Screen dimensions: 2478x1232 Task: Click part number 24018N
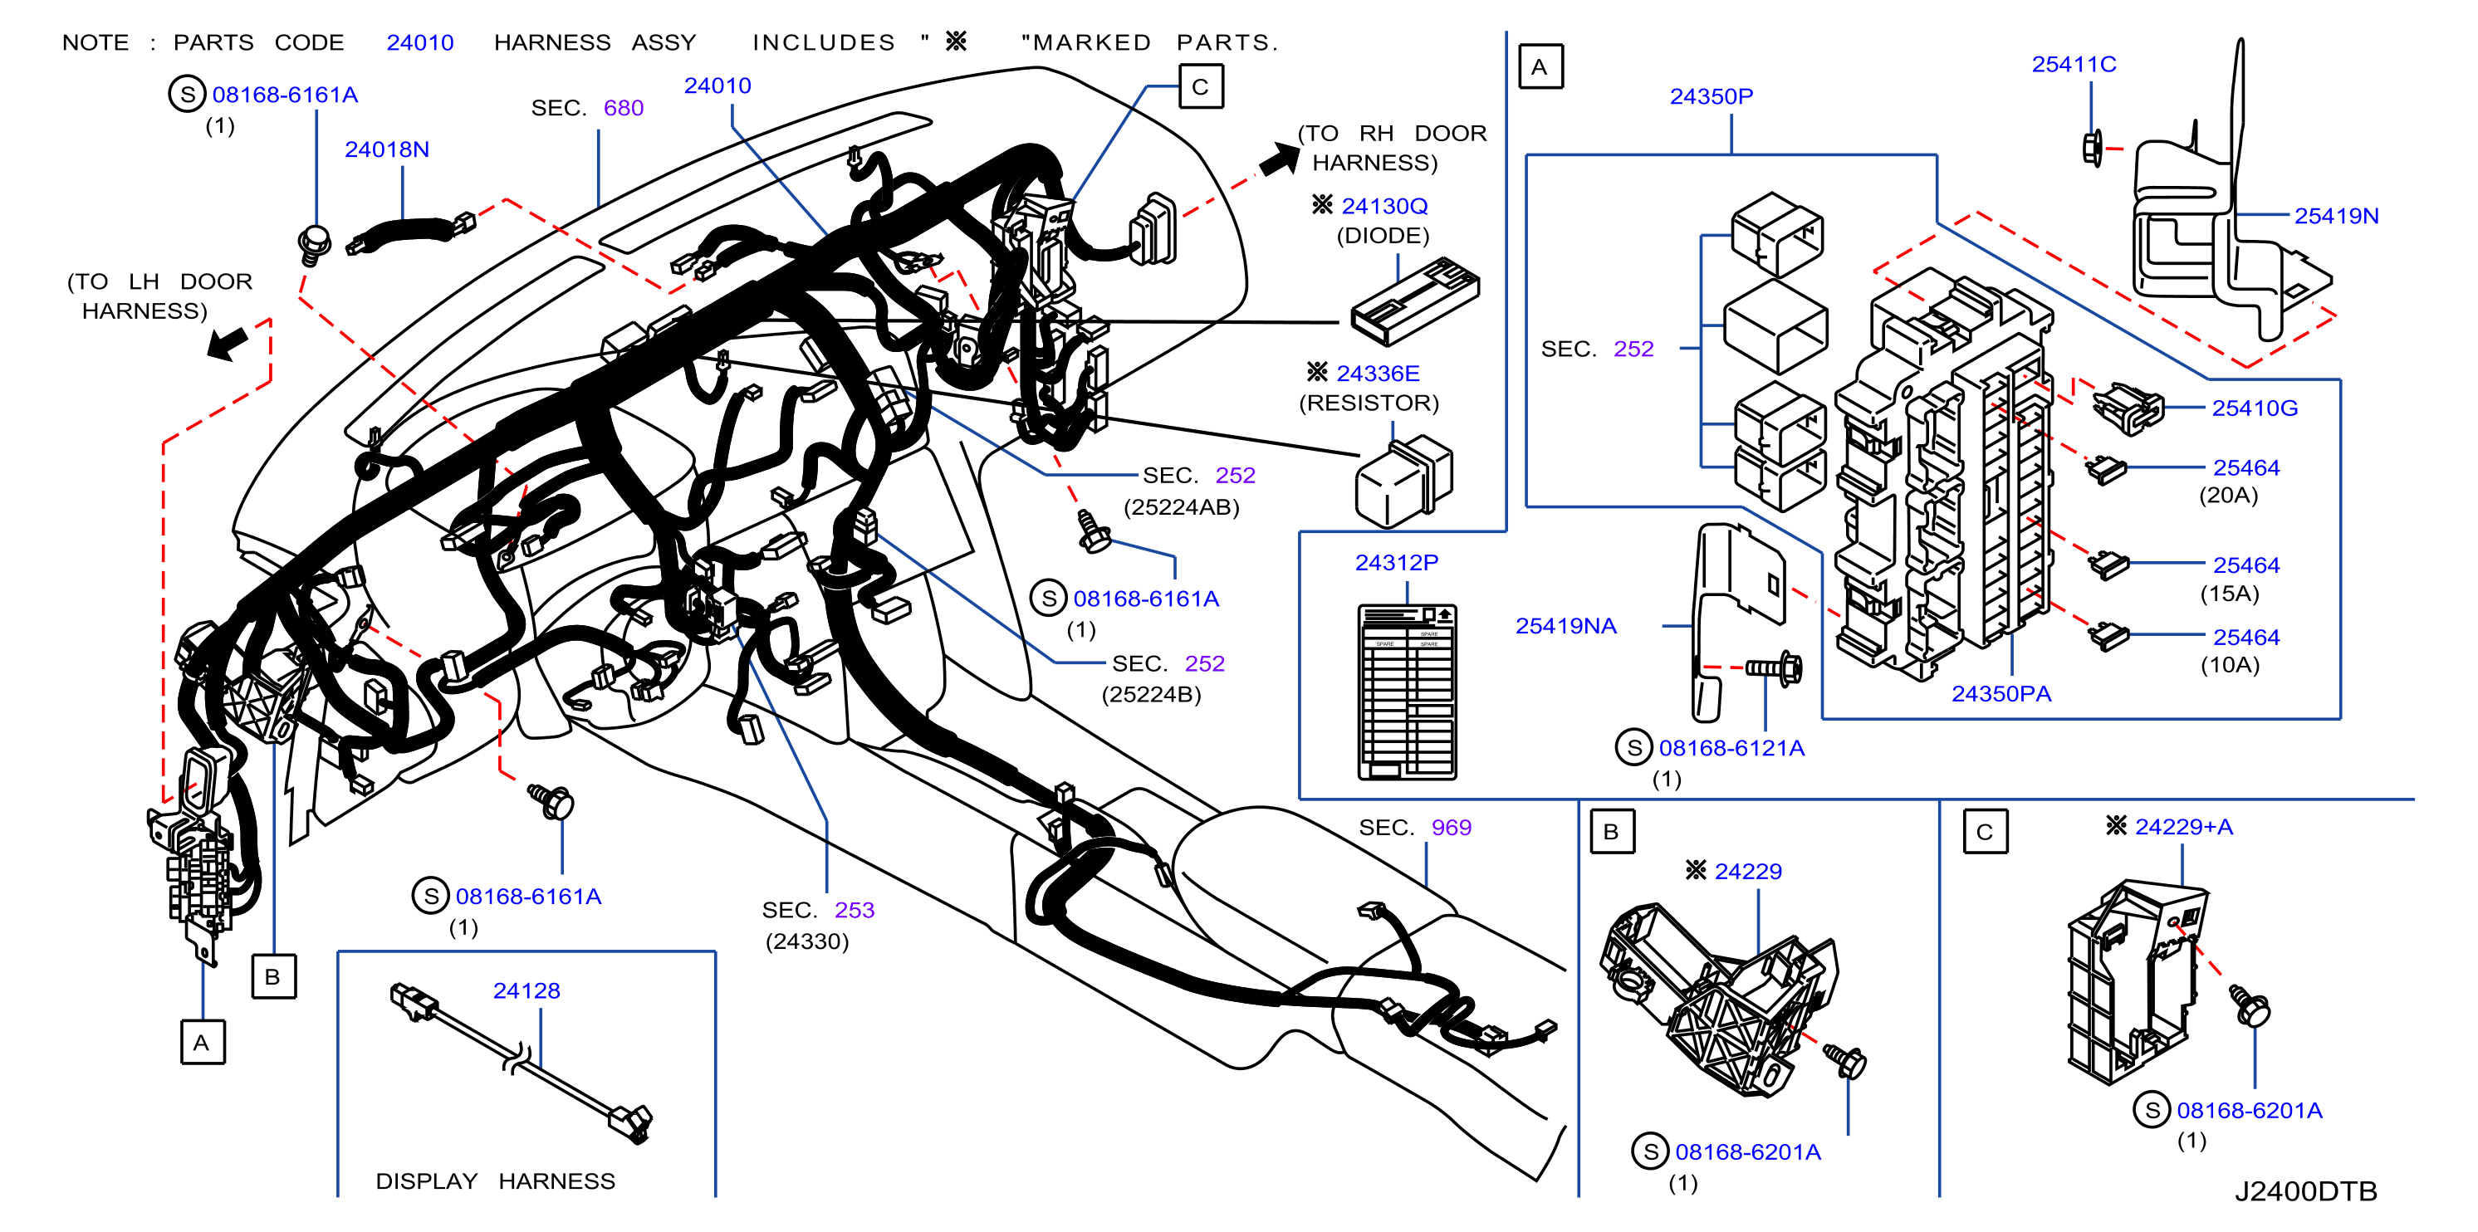[x=387, y=150]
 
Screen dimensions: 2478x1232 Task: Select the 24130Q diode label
[x=1384, y=206]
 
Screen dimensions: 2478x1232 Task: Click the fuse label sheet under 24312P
[x=1408, y=692]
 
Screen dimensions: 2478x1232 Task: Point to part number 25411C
[x=2074, y=65]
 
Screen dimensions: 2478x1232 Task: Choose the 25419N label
[x=2337, y=217]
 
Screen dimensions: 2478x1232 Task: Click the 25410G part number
[x=2255, y=408]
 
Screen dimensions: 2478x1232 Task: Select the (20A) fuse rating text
[x=2228, y=496]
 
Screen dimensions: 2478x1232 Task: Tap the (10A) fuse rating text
[x=2230, y=665]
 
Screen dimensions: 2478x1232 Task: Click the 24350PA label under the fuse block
[x=2001, y=694]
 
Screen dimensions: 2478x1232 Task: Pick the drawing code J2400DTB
[x=2304, y=1191]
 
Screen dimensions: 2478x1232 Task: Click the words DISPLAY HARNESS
[x=496, y=1181]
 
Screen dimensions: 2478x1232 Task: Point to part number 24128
[x=526, y=990]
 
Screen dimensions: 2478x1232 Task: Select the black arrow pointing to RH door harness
[x=1281, y=158]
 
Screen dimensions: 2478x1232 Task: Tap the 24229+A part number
[x=2184, y=827]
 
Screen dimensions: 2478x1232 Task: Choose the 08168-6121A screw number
[x=1731, y=748]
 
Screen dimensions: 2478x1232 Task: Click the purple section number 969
[x=1452, y=828]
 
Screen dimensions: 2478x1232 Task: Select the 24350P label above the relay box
[x=1712, y=97]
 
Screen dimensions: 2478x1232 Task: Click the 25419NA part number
[x=1566, y=626]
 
